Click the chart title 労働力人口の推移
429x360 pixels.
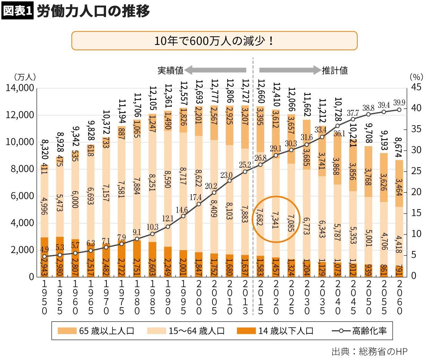pyautogui.click(x=93, y=11)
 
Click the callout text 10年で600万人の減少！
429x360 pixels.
pyautogui.click(x=214, y=41)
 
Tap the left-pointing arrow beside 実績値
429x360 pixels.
pyautogui.click(x=215, y=70)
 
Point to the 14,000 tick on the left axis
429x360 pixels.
pyautogui.click(x=20, y=88)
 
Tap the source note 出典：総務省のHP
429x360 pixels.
pyautogui.click(x=369, y=351)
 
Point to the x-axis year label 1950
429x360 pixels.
pyautogui.click(x=44, y=297)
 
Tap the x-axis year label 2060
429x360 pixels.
pyautogui.click(x=399, y=297)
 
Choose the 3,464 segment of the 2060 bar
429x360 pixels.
pyautogui.click(x=399, y=187)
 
